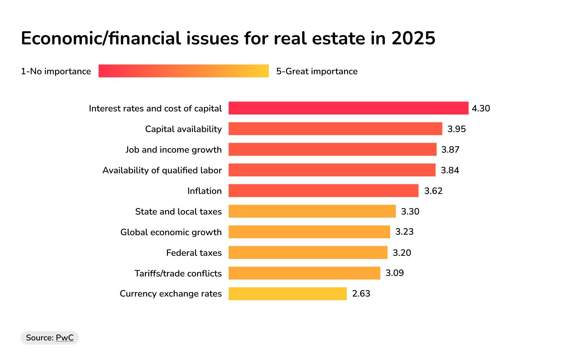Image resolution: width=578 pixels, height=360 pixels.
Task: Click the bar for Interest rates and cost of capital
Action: tap(348, 108)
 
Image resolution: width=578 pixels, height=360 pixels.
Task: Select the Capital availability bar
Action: tap(335, 129)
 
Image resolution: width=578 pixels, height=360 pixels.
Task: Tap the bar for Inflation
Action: tap(323, 190)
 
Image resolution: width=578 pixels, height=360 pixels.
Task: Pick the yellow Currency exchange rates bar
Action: tap(288, 294)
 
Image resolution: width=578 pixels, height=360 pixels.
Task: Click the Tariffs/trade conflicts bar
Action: tap(304, 273)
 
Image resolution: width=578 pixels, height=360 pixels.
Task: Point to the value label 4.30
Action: tap(481, 108)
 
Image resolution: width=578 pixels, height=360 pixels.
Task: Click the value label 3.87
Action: tap(450, 150)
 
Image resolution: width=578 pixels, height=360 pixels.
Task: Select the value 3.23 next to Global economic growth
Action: tap(404, 232)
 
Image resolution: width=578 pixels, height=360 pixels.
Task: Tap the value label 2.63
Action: tap(361, 294)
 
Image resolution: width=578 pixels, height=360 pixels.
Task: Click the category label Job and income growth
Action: tap(173, 150)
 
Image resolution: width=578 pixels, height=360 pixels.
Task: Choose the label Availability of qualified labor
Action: tap(162, 170)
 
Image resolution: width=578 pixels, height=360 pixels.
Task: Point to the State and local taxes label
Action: tap(178, 211)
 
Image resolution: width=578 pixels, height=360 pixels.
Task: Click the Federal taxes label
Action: tap(194, 253)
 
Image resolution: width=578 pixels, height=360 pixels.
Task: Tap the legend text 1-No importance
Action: tap(56, 71)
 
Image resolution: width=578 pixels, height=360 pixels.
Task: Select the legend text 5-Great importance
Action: tap(317, 71)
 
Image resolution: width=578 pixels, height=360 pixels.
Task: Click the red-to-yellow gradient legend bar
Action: tap(183, 71)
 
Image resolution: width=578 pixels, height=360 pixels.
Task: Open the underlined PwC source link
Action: tap(65, 338)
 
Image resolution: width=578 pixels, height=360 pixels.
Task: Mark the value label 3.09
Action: tap(394, 273)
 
